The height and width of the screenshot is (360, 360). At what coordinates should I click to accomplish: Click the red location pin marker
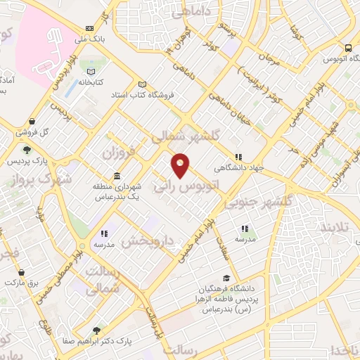click(x=181, y=165)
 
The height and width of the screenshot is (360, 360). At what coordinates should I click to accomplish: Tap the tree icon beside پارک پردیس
click(x=27, y=150)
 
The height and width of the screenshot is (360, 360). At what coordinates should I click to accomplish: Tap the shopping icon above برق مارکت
click(x=22, y=271)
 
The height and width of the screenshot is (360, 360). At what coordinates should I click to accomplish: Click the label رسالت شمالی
click(x=103, y=280)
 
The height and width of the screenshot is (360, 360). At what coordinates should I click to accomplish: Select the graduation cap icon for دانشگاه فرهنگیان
click(x=226, y=278)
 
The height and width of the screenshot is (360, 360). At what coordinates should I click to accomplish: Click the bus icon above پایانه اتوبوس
click(x=348, y=48)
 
